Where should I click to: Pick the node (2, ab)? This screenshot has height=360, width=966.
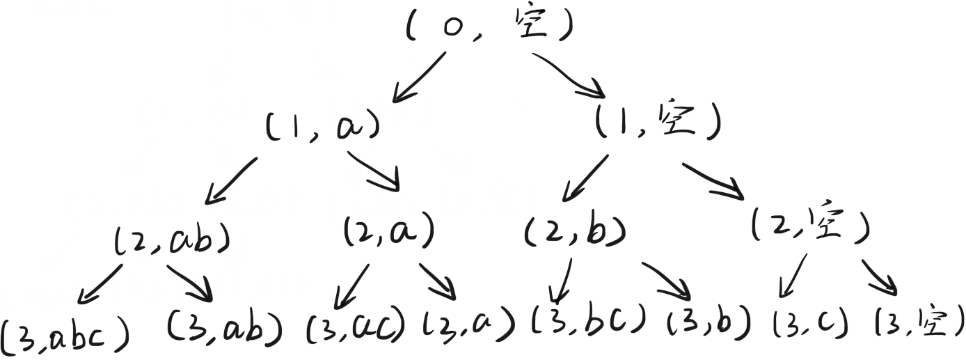171,240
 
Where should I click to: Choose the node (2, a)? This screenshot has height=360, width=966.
388,232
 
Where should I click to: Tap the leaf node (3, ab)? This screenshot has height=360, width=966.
225,325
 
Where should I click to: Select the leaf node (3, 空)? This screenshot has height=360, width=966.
917,322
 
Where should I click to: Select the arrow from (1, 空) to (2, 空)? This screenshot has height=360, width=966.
717,179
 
